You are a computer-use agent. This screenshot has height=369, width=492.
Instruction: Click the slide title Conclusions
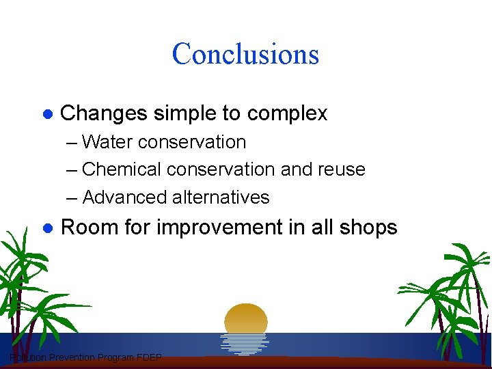click(245, 54)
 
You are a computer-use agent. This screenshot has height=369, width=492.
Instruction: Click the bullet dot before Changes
click(48, 113)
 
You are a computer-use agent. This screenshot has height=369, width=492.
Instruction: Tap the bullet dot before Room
click(48, 228)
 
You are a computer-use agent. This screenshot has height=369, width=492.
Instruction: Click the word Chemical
click(121, 169)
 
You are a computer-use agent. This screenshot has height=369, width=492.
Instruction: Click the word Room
click(85, 227)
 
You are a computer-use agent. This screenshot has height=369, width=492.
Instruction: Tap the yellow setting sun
click(246, 318)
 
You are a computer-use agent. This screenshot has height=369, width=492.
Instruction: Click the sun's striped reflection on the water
click(245, 343)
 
